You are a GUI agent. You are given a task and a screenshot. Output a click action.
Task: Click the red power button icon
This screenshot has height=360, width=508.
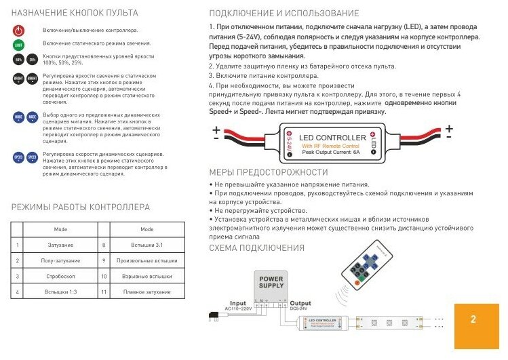(x=18, y=31)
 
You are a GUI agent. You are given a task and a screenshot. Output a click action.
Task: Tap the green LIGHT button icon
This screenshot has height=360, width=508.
(x=18, y=44)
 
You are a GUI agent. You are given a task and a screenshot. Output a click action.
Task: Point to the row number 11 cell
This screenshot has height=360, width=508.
(x=104, y=292)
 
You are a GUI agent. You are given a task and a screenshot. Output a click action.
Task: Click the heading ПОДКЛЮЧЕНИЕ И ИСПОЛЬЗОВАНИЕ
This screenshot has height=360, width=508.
(x=284, y=14)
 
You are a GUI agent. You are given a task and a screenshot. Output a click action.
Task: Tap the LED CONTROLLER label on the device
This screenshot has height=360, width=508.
(x=332, y=138)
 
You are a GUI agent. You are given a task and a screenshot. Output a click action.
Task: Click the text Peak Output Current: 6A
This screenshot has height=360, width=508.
(x=332, y=152)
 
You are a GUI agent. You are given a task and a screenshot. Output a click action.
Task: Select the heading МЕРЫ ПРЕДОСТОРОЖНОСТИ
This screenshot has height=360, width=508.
(x=269, y=172)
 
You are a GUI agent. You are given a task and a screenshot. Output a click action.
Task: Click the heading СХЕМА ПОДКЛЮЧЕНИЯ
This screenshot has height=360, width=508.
(x=257, y=248)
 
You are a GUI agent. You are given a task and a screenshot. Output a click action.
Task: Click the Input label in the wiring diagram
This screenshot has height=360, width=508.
(x=238, y=304)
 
